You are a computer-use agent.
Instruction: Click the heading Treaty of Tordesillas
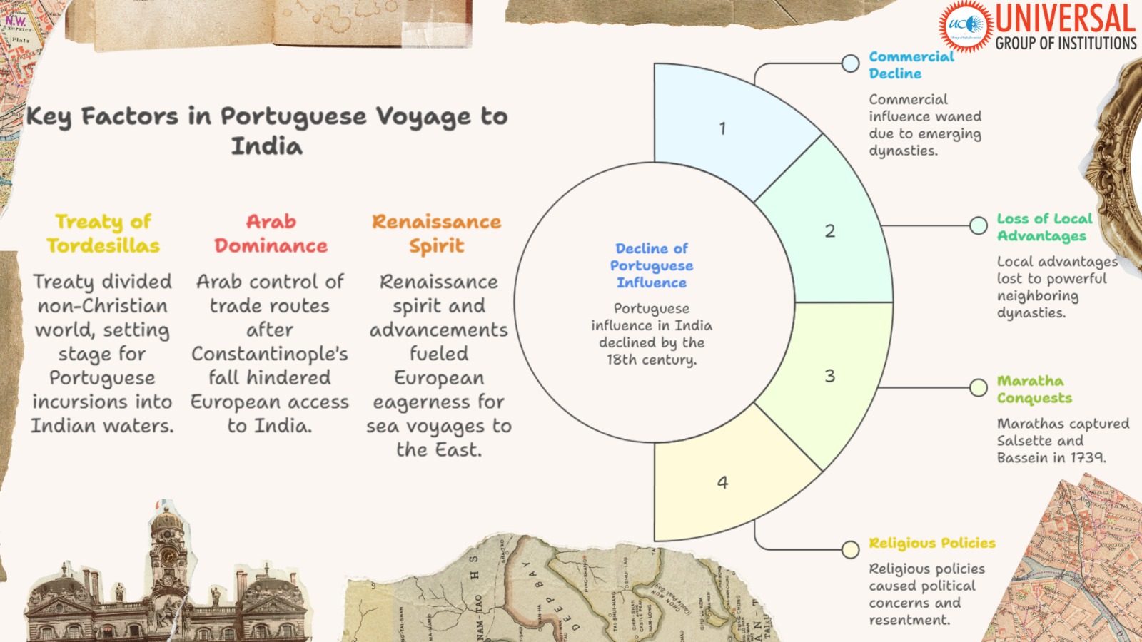(103, 233)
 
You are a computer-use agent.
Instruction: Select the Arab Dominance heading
(271, 233)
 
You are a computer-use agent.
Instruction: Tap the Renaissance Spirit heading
(436, 233)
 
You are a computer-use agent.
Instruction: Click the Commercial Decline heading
(911, 65)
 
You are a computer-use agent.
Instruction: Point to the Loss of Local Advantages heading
(1044, 227)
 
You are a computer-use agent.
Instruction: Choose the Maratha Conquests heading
(1034, 389)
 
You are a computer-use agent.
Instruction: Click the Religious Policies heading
(931, 543)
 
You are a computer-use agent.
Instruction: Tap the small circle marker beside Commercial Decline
(850, 63)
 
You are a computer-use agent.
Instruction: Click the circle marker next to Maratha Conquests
(979, 387)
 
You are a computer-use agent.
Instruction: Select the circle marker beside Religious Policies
(850, 549)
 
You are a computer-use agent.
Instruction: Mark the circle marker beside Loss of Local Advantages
(979, 225)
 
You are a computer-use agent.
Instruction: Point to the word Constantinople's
(270, 354)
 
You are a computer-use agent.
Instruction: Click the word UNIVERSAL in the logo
(1065, 19)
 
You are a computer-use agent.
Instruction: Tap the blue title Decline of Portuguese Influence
(651, 265)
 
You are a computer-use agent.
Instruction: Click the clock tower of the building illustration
(167, 549)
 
